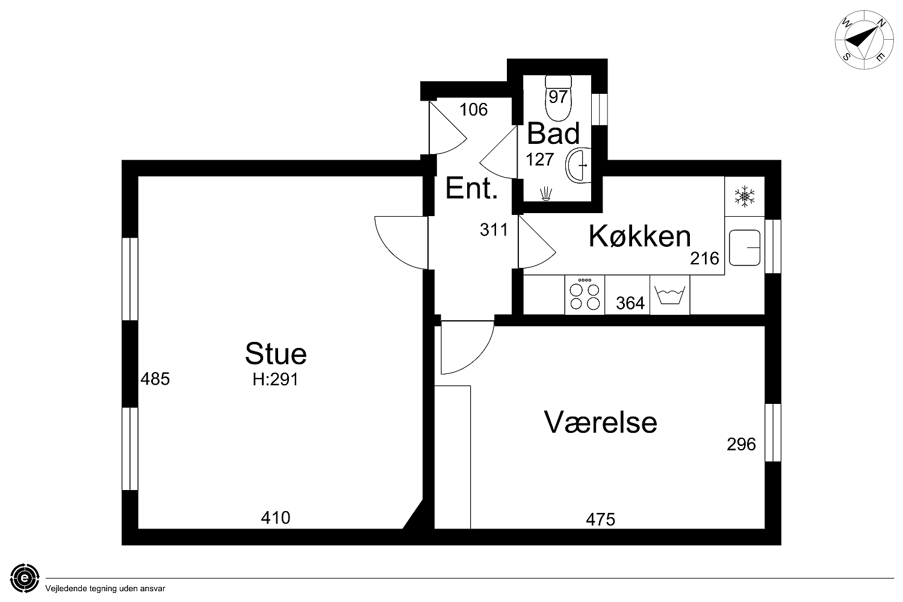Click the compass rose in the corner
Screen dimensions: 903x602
858,40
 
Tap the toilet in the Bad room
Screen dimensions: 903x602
558,98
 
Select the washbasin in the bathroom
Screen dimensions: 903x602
579,166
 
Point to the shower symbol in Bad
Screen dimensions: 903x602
545,194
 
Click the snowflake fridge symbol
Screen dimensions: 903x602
745,196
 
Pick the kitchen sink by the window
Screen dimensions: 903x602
745,247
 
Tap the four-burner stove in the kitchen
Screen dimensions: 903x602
585,295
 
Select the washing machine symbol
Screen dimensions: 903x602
669,295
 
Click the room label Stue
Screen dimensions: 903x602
276,353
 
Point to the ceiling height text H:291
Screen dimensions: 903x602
275,379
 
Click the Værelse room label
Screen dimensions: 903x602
601,422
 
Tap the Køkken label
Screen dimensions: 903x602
640,236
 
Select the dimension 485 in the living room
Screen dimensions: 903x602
155,379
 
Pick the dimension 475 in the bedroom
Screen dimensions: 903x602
601,520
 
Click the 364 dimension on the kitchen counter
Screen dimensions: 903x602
630,303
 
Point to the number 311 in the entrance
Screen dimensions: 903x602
494,230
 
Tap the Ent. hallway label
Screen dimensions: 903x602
471,188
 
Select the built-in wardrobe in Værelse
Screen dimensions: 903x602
452,457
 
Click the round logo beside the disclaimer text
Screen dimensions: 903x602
25,578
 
